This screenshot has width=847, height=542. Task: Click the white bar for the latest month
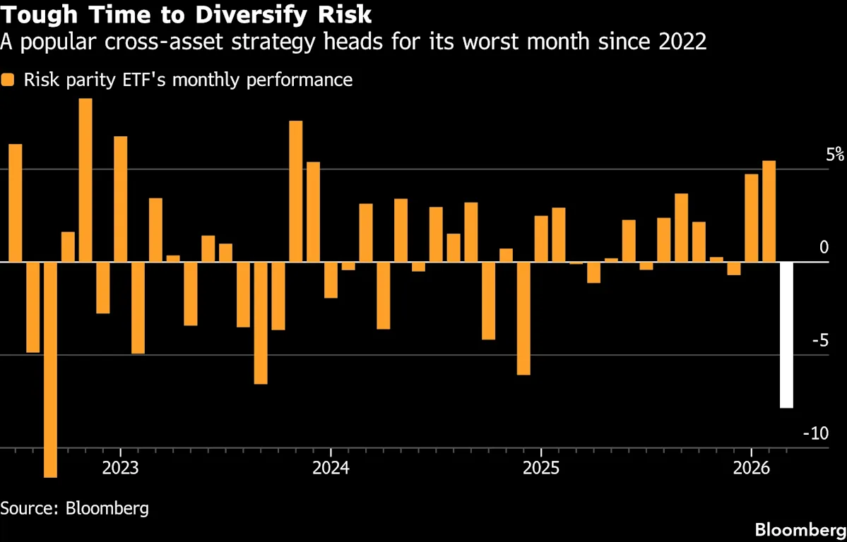(x=786, y=335)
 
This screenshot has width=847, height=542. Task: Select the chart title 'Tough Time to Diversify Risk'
(x=186, y=14)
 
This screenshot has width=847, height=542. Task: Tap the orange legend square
(x=8, y=80)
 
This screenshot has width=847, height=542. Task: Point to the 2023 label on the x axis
(x=120, y=469)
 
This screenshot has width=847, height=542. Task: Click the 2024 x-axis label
(x=330, y=469)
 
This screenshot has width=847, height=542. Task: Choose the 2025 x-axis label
(x=540, y=469)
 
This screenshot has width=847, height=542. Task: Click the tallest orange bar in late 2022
(x=85, y=180)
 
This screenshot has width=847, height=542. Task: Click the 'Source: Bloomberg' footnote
(x=74, y=507)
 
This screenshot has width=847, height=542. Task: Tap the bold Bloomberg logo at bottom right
(x=800, y=529)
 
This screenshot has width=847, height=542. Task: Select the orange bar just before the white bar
(x=769, y=211)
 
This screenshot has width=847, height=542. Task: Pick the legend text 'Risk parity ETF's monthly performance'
(x=188, y=80)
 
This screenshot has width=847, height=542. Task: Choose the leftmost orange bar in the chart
(x=16, y=203)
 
